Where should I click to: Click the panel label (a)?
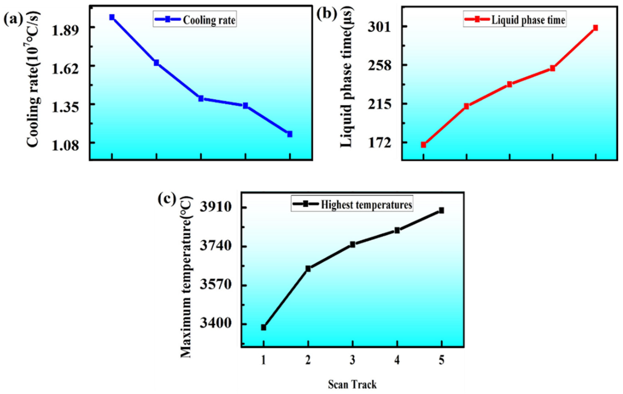[13, 19]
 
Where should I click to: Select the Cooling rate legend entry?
[195, 20]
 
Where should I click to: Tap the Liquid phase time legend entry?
[514, 20]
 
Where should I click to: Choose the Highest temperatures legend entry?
[352, 204]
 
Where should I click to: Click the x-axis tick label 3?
[352, 360]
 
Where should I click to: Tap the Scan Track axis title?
[352, 384]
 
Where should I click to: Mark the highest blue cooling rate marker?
[112, 17]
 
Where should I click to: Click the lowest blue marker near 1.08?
[289, 134]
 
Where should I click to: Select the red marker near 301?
[595, 28]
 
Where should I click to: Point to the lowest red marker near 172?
[424, 145]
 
